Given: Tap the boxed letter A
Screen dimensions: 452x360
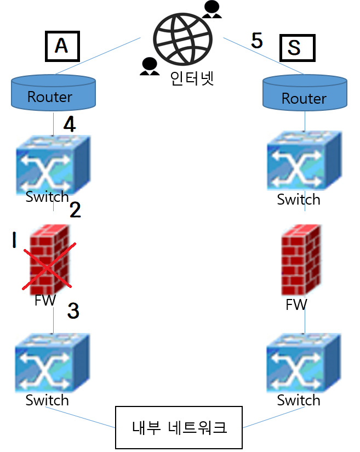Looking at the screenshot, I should tap(61, 47).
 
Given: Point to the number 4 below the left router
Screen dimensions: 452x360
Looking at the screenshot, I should tap(69, 125).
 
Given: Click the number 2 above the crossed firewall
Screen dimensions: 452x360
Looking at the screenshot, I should tap(75, 210).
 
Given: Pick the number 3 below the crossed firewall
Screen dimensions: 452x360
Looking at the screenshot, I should tap(73, 310).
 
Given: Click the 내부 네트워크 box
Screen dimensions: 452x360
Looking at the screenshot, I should tap(179, 427).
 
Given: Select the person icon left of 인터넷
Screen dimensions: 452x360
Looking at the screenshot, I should tap(148, 66).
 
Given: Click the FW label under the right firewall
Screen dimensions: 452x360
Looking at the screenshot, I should tap(296, 304).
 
